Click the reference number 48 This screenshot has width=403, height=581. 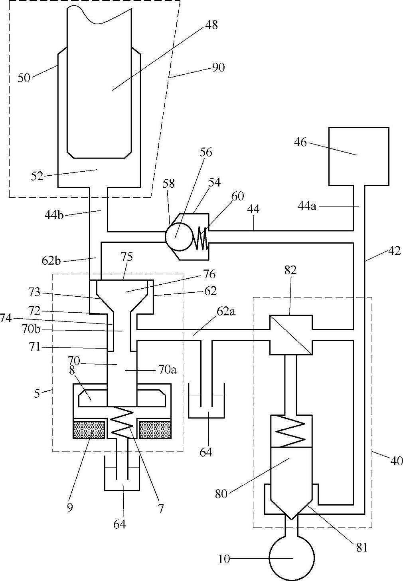coord(211,26)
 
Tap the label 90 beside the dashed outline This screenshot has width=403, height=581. coord(218,68)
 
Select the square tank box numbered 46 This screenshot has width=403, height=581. coord(359,157)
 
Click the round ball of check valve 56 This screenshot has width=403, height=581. coord(179,236)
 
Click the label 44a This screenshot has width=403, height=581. coord(307,207)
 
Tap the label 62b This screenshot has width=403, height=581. coord(51,261)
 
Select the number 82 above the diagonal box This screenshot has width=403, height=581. coord(290,270)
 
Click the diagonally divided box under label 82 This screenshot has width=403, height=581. coord(291,335)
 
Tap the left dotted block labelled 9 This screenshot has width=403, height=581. coord(89,430)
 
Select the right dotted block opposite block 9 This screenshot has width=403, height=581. coord(155,430)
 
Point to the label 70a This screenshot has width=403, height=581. coord(168,370)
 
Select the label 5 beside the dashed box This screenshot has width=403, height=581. coord(37,393)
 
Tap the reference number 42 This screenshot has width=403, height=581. coord(394,251)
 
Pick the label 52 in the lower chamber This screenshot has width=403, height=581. coord(37,176)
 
